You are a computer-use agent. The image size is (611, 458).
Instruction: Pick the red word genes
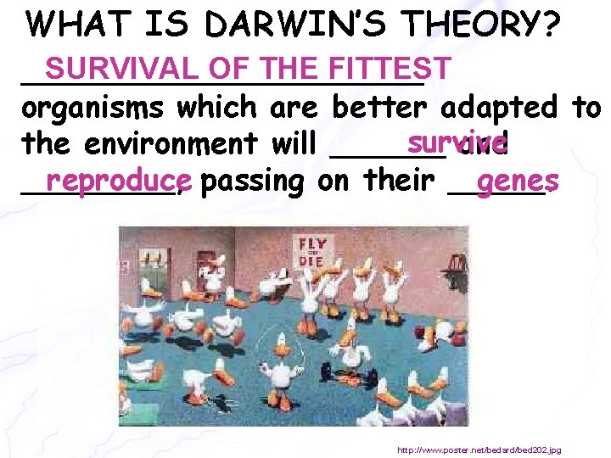point(517,179)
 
